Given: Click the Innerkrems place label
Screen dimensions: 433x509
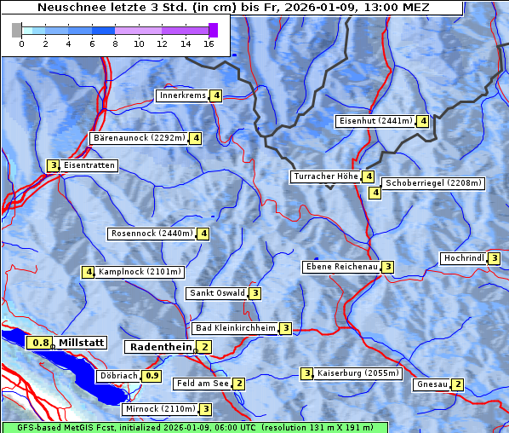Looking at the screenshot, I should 182,95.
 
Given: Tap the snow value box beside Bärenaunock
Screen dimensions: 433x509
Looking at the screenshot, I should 196,137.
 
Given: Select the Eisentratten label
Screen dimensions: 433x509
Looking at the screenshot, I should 89,165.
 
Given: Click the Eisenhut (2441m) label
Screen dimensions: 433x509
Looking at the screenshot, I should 375,121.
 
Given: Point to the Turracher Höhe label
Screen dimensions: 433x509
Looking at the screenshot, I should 325,176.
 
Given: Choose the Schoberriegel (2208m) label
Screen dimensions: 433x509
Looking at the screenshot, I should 433,183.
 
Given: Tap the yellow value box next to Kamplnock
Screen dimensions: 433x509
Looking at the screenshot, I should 88,272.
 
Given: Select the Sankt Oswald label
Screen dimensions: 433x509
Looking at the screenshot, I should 216,293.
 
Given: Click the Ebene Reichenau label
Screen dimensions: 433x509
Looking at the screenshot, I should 340,267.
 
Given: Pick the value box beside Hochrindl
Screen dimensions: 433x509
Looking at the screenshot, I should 495,258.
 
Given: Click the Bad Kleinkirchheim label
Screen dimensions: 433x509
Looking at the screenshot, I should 235,328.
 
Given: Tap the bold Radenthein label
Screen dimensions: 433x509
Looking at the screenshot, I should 161,347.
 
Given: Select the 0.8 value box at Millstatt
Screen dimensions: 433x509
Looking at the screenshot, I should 39,343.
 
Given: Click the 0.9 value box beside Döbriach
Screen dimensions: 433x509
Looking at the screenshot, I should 152,375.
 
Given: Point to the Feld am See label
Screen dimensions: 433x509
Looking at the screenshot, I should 203,384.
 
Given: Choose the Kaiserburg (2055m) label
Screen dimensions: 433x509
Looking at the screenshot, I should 352,373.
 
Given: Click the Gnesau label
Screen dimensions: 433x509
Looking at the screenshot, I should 432,384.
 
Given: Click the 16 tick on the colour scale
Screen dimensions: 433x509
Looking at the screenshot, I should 209,43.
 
